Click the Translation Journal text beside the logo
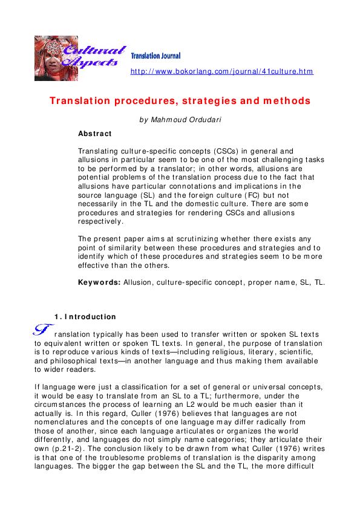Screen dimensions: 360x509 [155, 56]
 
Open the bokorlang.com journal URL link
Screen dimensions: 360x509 [222, 72]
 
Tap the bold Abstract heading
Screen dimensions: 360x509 [95, 133]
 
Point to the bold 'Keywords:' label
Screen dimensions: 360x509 [100, 282]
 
